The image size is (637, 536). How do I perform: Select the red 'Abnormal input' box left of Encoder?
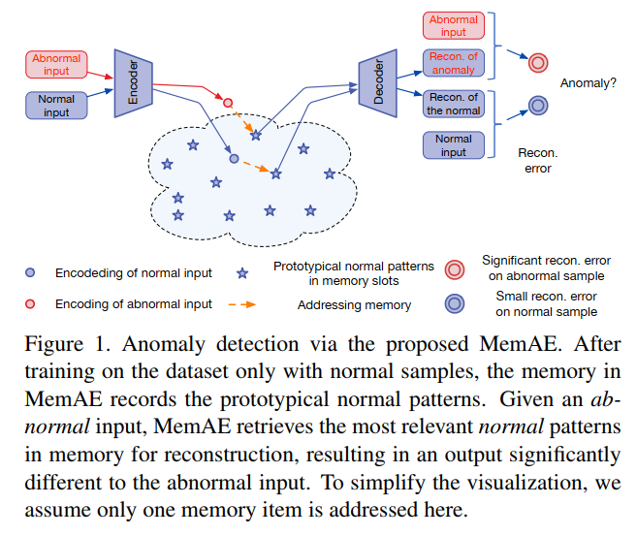tap(56, 65)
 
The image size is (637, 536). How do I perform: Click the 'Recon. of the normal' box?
tap(453, 103)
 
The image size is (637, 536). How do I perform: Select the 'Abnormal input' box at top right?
tap(453, 26)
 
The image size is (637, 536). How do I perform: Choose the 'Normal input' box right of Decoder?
tap(453, 144)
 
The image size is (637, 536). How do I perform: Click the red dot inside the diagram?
tap(228, 102)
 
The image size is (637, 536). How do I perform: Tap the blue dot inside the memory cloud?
tap(234, 158)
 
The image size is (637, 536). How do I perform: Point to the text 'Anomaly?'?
tap(588, 83)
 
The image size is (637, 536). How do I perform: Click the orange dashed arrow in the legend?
tap(242, 304)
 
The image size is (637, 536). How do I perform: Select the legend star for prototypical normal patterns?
tap(242, 274)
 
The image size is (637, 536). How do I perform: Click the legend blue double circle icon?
tap(453, 303)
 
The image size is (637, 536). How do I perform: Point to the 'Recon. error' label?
tap(537, 161)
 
